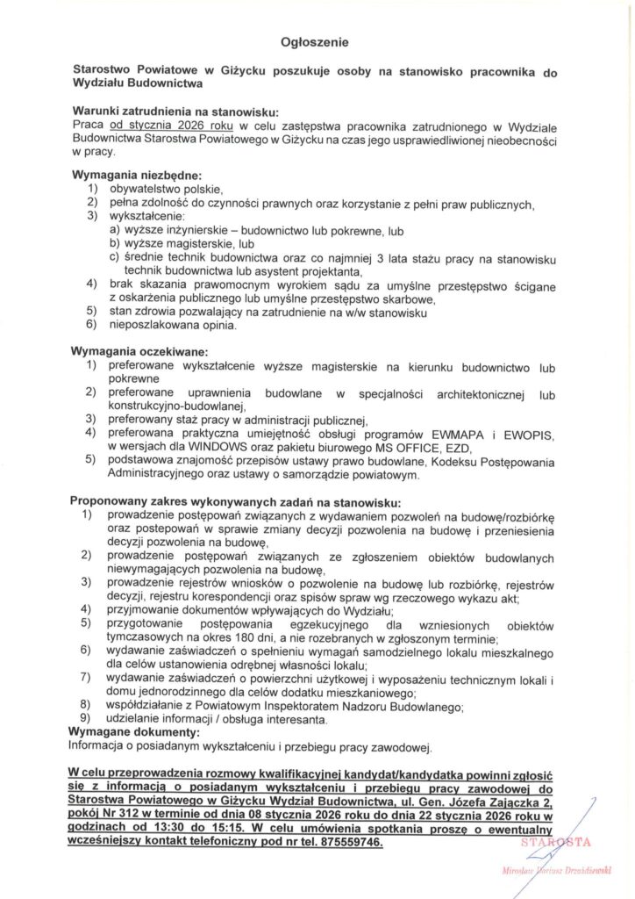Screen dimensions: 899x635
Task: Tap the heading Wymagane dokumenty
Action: [134, 731]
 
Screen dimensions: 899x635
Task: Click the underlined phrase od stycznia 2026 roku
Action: [170, 126]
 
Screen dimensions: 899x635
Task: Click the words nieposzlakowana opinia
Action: [172, 327]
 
